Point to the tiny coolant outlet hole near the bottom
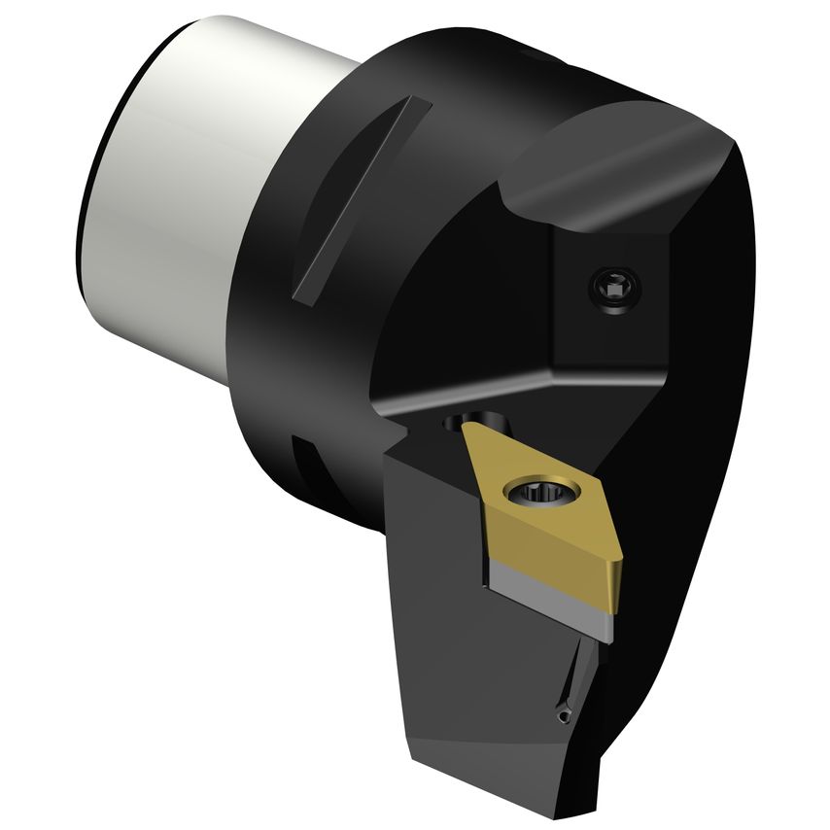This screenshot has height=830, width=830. coord(566,715)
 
